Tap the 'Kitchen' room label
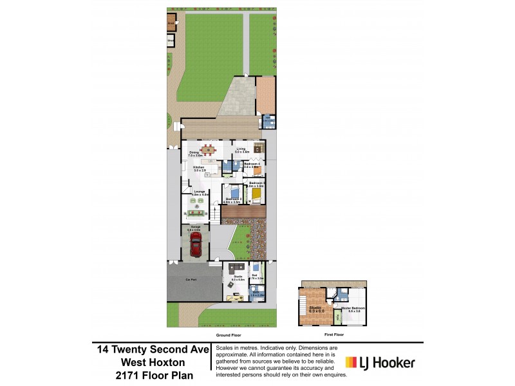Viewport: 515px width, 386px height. coord(199,167)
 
